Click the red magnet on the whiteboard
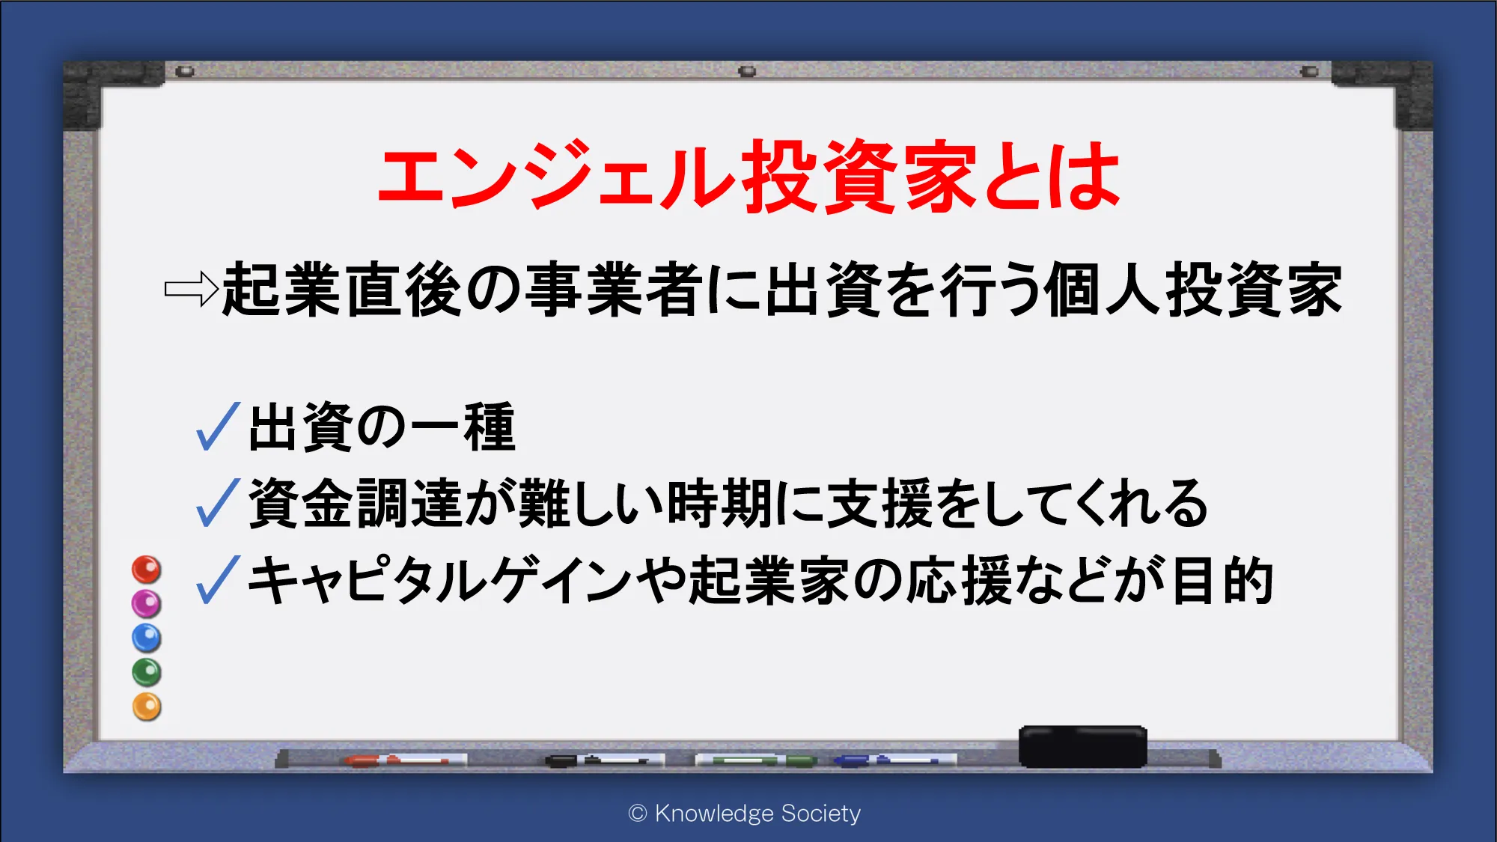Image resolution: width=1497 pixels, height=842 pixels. click(147, 570)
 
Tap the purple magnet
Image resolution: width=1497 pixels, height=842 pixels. click(147, 603)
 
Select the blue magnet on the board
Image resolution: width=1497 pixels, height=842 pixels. click(147, 638)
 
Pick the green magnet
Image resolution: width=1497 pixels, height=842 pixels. click(147, 672)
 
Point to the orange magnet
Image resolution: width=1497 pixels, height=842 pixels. click(147, 707)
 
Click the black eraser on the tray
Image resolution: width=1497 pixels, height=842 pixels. click(1083, 746)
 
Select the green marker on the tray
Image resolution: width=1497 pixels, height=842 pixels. click(756, 760)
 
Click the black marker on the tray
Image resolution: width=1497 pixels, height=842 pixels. click(605, 760)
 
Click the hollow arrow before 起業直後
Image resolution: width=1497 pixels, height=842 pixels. click(191, 289)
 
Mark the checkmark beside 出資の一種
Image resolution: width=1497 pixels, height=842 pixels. click(218, 427)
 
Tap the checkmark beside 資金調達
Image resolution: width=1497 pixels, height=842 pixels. click(218, 503)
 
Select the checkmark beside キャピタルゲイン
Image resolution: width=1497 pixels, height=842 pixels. click(218, 579)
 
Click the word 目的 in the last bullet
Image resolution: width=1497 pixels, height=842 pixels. click(1222, 580)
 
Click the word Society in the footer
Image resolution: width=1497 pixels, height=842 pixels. click(820, 814)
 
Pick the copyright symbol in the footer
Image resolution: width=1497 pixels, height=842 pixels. click(638, 814)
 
